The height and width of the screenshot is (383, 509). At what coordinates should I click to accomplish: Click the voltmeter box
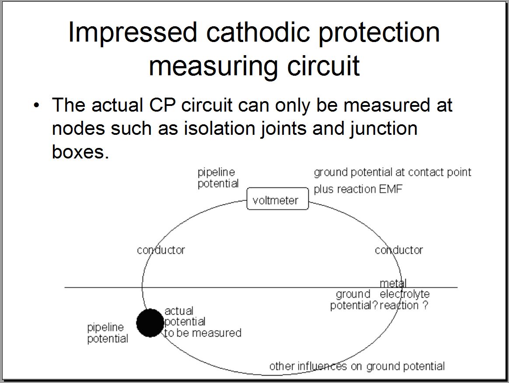coord(277,200)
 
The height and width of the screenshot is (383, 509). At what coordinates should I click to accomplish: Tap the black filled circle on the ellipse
coord(150,323)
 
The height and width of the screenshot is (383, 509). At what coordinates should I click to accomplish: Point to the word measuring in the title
coord(213,66)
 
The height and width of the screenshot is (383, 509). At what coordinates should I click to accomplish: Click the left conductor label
coord(161,250)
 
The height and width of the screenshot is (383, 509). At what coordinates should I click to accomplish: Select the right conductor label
coord(399,250)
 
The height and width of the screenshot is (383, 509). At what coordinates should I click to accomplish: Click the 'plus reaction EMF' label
coord(358,189)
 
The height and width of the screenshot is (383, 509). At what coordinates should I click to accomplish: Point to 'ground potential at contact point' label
coord(392,172)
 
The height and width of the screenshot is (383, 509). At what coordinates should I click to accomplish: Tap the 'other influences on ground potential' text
coord(357,366)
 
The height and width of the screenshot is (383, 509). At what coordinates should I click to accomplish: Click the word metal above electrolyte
coord(393,283)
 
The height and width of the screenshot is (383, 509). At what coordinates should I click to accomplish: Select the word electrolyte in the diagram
coord(404,294)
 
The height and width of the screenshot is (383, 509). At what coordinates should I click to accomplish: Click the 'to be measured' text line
coord(203,333)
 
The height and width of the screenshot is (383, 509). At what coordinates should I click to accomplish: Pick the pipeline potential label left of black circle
coord(108,333)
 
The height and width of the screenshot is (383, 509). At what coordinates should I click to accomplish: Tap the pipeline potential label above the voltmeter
coord(218,178)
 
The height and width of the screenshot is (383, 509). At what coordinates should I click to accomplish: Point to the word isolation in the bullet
coord(220,129)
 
